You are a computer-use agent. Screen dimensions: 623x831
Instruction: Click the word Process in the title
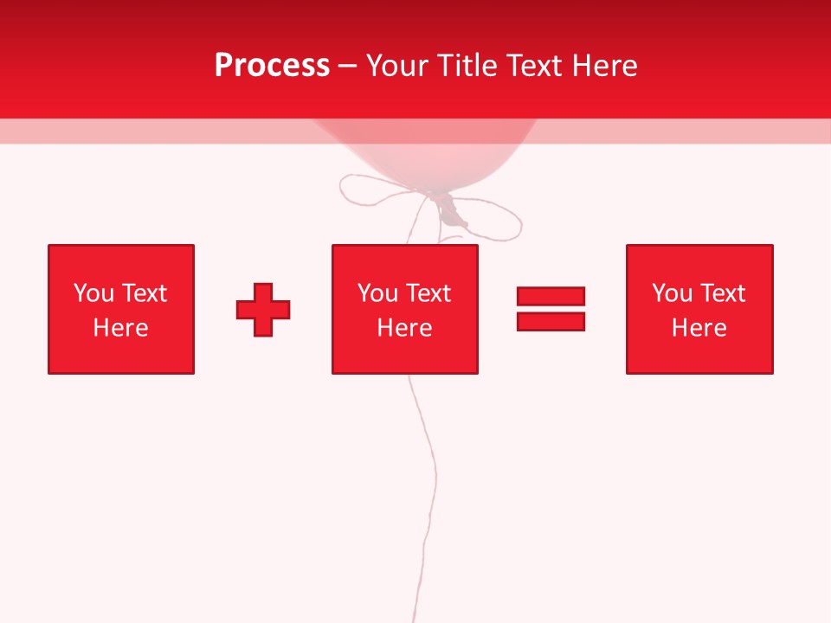point(272,66)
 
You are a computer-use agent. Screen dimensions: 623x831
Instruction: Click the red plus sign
point(263,310)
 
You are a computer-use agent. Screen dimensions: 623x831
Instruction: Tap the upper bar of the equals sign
point(551,297)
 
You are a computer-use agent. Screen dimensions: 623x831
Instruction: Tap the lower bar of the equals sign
point(551,321)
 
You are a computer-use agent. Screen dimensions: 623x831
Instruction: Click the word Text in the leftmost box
point(144,293)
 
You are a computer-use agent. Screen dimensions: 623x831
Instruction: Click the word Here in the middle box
point(404,328)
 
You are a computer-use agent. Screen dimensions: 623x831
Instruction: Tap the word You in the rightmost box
point(672,293)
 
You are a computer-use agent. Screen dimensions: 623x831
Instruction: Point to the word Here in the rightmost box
point(699,328)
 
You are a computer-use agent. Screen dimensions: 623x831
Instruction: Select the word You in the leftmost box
point(93,293)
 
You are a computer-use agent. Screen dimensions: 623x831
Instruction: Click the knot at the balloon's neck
point(449,208)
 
